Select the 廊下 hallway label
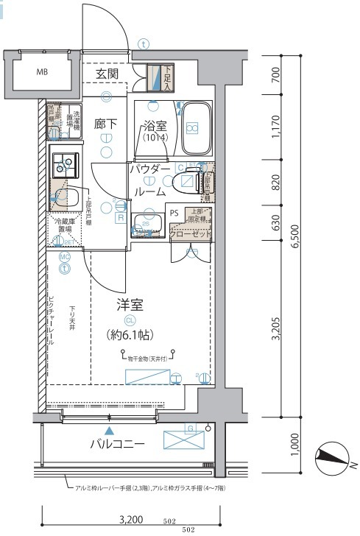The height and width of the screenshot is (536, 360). pos(106,124)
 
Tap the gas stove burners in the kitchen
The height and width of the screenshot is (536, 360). pos(64,160)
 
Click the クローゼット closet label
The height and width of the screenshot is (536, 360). pos(191,234)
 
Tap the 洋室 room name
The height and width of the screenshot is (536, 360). pos(129,303)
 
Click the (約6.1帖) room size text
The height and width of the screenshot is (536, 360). pos(129,335)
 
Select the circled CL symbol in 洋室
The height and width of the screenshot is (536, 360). pos(130,320)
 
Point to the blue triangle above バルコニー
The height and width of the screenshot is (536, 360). pos(109,430)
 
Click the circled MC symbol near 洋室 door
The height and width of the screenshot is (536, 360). pos(65,256)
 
